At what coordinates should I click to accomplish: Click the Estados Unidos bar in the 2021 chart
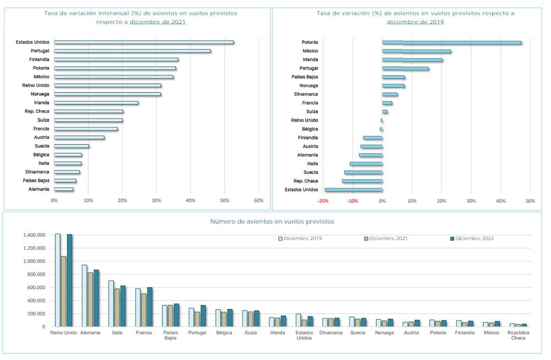[144, 42]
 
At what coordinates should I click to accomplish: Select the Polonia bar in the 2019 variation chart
[452, 42]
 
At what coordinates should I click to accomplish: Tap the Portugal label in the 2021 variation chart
[40, 51]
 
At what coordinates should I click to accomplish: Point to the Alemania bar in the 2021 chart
[63, 190]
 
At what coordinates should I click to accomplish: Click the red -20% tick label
[322, 201]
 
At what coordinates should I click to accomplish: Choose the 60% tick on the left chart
[258, 200]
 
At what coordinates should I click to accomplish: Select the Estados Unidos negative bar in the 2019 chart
[354, 190]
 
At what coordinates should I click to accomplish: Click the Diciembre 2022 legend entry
[472, 238]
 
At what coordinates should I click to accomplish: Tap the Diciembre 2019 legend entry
[300, 238]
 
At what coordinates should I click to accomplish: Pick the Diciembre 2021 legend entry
[386, 238]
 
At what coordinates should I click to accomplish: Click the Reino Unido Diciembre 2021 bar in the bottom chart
[63, 292]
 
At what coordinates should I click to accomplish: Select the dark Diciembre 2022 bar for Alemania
[96, 298]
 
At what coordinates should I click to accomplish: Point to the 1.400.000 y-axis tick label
[34, 235]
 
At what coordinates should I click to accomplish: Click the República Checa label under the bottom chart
[518, 335]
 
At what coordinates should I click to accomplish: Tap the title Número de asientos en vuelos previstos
[272, 222]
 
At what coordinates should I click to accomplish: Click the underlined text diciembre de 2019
[415, 22]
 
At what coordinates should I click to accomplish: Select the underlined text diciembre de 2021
[158, 22]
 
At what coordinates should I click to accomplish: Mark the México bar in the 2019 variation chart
[417, 51]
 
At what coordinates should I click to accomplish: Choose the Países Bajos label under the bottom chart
[170, 335]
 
